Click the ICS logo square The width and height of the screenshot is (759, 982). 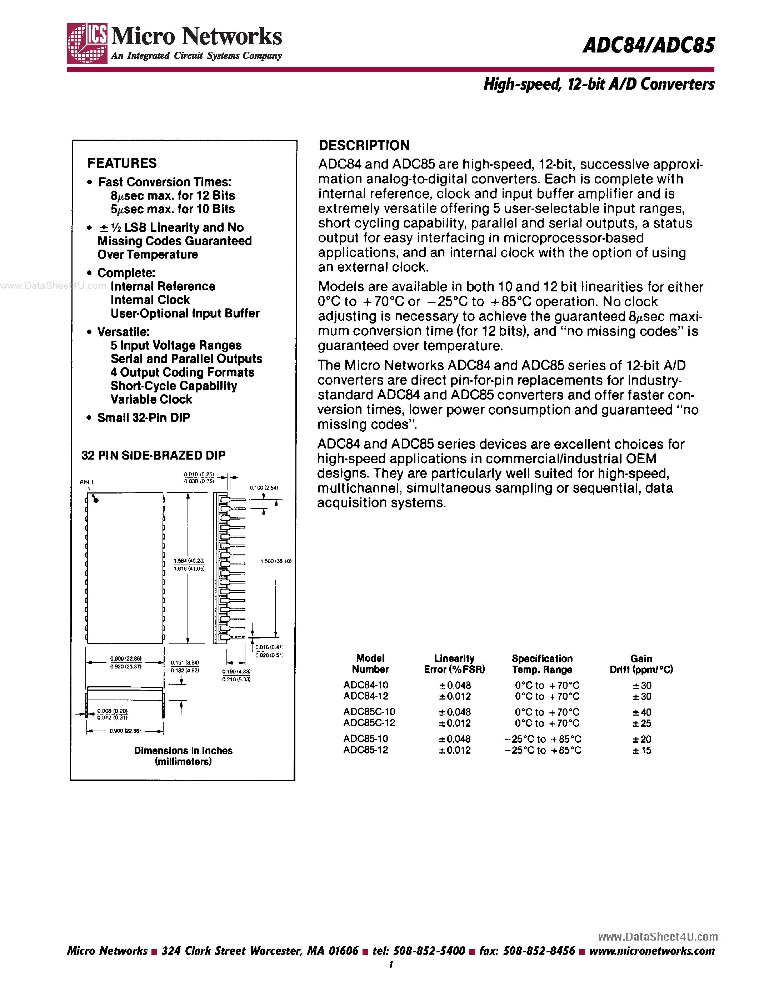[x=87, y=43]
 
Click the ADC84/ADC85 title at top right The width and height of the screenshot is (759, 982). [x=648, y=45]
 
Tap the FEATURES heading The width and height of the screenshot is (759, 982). [x=122, y=163]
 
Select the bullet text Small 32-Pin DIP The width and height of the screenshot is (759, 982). [x=144, y=418]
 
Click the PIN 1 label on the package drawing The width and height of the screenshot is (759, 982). [x=86, y=482]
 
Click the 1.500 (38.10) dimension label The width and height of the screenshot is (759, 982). [x=276, y=561]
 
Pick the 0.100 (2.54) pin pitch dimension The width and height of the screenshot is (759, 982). [x=264, y=487]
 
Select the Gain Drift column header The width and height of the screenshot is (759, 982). [x=641, y=664]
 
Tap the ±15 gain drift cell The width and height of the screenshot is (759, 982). [x=641, y=750]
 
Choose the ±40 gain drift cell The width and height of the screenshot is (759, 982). [x=641, y=712]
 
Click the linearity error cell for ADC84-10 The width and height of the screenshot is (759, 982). [x=455, y=685]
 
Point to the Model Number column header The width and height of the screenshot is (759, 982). [x=370, y=664]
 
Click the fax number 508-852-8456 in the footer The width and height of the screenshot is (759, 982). [x=539, y=951]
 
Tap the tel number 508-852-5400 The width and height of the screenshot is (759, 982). [x=429, y=951]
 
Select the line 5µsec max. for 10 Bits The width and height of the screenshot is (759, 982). [x=173, y=209]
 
